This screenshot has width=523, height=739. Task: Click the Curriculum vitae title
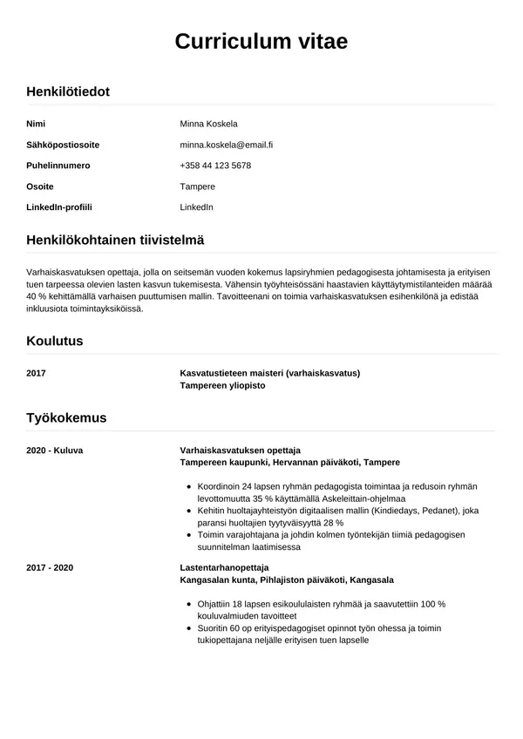click(x=261, y=41)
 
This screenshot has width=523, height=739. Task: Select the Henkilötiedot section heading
click(x=68, y=91)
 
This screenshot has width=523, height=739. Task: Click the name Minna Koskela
click(x=208, y=123)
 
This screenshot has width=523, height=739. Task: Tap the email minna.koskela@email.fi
click(x=227, y=144)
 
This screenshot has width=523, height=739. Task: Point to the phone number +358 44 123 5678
click(x=215, y=165)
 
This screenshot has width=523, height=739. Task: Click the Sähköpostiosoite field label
click(x=63, y=144)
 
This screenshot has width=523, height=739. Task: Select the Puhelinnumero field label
click(x=58, y=165)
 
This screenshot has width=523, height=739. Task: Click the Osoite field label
click(x=40, y=186)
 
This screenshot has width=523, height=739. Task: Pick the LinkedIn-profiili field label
click(x=59, y=207)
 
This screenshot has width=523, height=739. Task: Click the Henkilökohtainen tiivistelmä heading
click(x=115, y=239)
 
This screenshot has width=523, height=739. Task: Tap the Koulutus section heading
click(x=55, y=341)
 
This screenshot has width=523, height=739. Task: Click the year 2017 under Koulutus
click(x=37, y=373)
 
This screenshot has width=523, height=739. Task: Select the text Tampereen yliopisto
click(x=222, y=384)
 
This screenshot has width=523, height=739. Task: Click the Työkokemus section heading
click(x=66, y=417)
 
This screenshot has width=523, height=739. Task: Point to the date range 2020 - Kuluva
click(x=55, y=450)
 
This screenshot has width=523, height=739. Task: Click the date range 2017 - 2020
click(x=50, y=567)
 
